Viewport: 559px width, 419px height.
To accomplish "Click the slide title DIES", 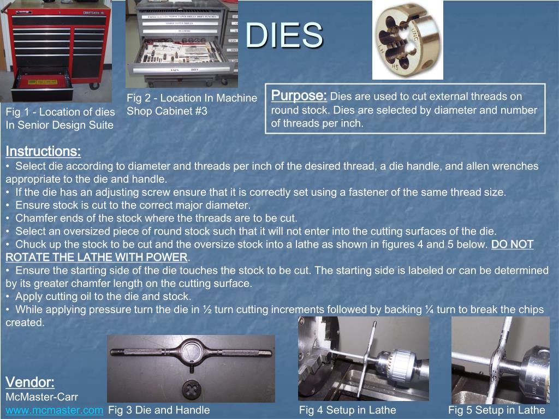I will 284,35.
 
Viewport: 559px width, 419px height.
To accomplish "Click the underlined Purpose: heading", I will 299,95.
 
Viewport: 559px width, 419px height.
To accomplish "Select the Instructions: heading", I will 43,151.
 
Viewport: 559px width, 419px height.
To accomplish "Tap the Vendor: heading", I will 30,381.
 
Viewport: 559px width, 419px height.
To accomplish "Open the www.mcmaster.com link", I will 55,410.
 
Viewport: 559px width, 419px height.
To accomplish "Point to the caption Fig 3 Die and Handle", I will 159,410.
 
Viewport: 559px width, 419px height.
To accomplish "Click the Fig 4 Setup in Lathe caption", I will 347,410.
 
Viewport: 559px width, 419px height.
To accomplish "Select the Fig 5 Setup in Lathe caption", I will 496,410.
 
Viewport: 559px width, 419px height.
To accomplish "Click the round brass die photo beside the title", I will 407,40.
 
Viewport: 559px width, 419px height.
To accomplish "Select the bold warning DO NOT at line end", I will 512,244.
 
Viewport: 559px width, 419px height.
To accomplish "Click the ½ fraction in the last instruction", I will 207,309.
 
